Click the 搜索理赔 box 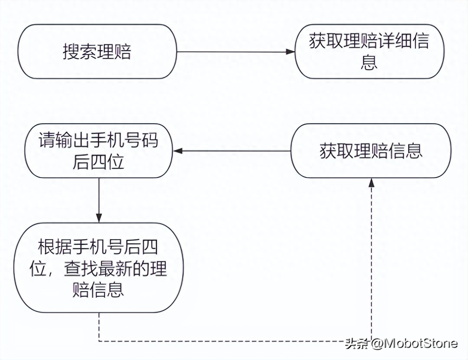coord(97,52)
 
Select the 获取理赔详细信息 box coord(369,52)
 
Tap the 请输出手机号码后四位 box coord(99,151)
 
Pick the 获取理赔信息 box coord(371,151)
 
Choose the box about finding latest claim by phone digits coord(99,268)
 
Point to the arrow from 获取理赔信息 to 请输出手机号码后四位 coord(233,151)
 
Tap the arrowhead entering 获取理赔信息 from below coord(372,183)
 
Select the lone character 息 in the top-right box coord(369,62)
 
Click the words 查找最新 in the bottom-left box coord(98,268)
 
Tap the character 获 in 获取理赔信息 coord(328,151)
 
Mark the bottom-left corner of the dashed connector coord(99,341)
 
